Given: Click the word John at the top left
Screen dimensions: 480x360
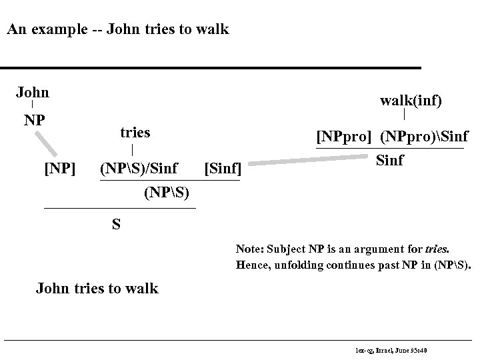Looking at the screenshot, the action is [x=32, y=92].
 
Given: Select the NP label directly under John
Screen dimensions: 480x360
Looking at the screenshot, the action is [x=34, y=121].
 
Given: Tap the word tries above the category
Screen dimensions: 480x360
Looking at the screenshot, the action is [x=135, y=133].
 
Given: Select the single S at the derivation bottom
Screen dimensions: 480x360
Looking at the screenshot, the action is [x=116, y=224].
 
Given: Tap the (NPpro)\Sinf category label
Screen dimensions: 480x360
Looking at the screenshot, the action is [x=423, y=137].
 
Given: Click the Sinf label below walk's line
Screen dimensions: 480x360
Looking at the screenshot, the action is [x=390, y=161].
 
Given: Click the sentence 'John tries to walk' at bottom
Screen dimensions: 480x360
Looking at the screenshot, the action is [x=97, y=289].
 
